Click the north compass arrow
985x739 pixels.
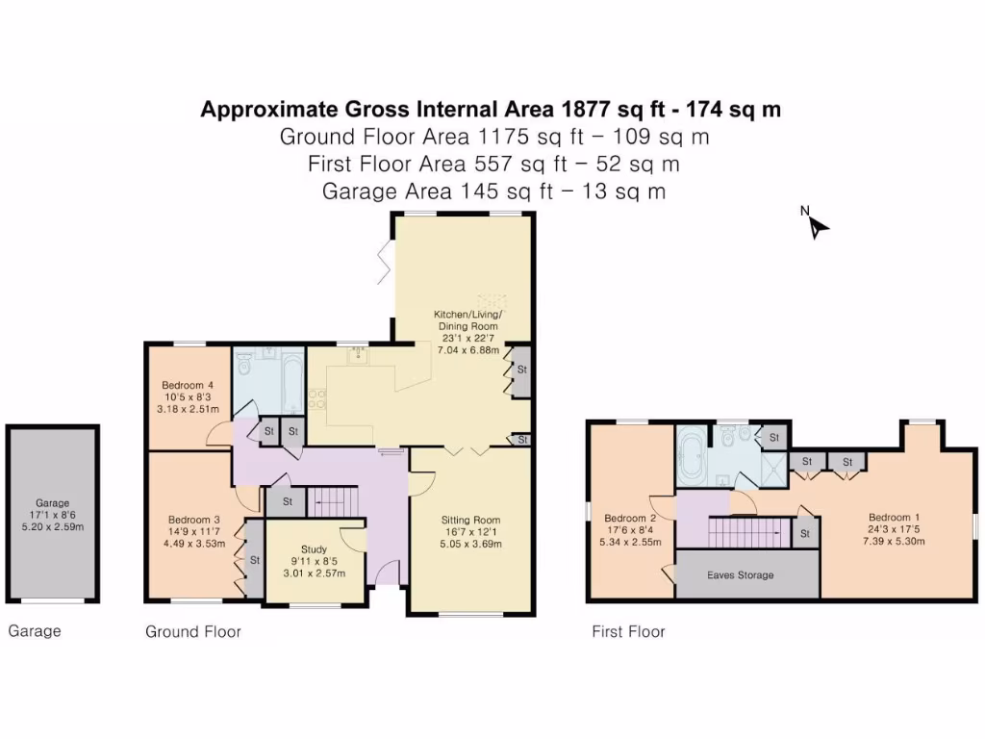click(818, 227)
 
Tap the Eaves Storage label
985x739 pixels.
click(740, 575)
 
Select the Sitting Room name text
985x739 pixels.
click(470, 520)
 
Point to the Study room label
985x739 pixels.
click(314, 549)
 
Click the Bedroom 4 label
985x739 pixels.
click(187, 386)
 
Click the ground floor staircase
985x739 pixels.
click(332, 500)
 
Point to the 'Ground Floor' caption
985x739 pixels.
click(192, 632)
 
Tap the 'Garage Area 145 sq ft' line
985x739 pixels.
click(493, 191)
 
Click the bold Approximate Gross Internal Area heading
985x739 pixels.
click(491, 110)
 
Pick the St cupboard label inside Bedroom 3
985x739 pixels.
click(255, 558)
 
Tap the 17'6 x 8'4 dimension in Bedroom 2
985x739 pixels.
click(631, 528)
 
